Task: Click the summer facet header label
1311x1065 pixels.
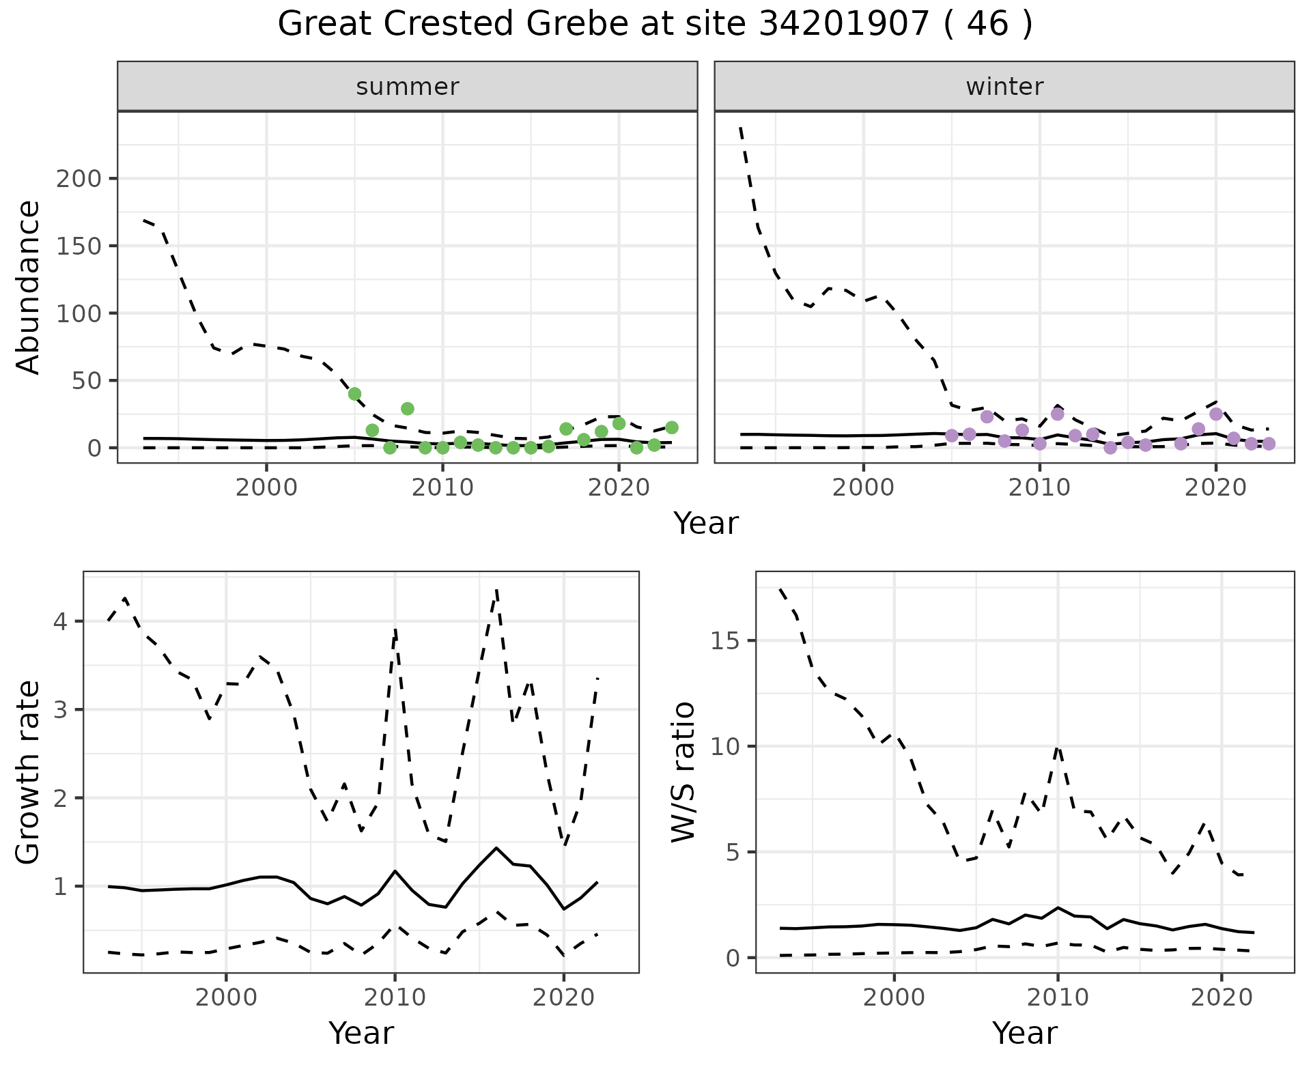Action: pos(407,87)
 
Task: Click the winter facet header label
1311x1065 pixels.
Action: pos(1004,87)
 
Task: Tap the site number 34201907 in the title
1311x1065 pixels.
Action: pos(843,25)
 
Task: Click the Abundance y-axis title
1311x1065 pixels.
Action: pos(29,287)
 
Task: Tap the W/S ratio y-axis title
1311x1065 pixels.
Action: pos(683,771)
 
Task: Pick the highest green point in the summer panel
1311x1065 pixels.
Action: pos(354,394)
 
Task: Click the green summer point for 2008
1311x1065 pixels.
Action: pos(408,409)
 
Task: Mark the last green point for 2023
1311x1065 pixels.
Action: pos(672,427)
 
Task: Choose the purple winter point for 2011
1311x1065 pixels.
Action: pos(1058,414)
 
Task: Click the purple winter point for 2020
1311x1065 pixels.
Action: pos(1216,414)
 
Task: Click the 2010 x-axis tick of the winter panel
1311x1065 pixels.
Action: pos(1039,488)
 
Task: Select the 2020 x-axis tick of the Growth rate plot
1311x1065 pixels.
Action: pos(563,998)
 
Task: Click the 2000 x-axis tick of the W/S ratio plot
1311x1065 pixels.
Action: pos(894,998)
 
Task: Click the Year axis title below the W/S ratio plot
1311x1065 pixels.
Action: pos(1024,1034)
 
